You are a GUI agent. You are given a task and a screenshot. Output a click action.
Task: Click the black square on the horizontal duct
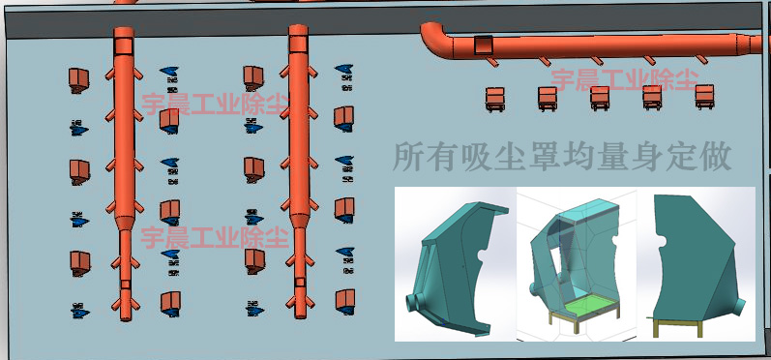(482, 44)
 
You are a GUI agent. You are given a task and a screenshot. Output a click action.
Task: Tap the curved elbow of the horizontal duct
(434, 37)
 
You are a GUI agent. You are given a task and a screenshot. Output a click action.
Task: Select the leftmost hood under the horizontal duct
(494, 97)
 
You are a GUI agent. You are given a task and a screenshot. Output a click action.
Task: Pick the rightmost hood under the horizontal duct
(704, 95)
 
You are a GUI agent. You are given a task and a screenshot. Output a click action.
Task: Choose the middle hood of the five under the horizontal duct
(600, 96)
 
